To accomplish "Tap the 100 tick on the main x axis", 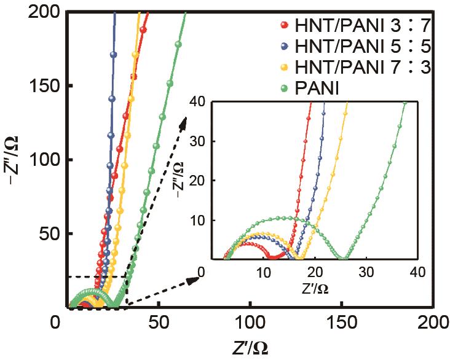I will (250, 321).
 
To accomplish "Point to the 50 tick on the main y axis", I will (44, 234).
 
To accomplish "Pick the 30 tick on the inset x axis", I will (367, 272).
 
